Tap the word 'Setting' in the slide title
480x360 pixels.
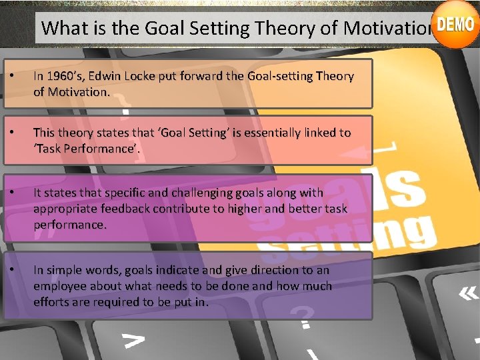coord(207,28)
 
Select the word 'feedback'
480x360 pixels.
coord(127,209)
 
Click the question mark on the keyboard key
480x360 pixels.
coord(305,316)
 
